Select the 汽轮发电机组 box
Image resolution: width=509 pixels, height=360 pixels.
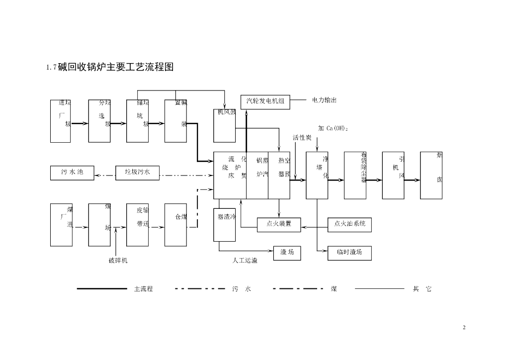[265, 101]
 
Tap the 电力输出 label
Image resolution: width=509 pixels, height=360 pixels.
[324, 100]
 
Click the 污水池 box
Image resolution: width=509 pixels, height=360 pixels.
[72, 173]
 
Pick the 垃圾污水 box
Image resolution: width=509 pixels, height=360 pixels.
[137, 173]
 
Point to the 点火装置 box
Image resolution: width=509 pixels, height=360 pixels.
[279, 224]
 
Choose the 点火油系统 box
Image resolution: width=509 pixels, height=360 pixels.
[349, 224]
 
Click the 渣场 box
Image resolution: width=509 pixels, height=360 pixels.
[287, 253]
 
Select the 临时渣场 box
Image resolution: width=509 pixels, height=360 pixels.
[349, 253]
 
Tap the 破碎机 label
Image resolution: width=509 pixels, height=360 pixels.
[118, 260]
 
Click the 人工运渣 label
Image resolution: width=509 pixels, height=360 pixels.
[245, 260]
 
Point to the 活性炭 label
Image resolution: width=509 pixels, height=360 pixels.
[302, 137]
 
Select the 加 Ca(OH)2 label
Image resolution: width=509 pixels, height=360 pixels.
[333, 128]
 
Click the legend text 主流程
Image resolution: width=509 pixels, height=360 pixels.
[143, 289]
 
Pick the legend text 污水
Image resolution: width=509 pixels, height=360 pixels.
[242, 289]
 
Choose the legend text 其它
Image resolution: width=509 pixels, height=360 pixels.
[422, 289]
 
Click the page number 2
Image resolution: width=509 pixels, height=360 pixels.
[464, 327]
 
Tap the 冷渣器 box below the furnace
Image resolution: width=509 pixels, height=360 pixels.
[224, 224]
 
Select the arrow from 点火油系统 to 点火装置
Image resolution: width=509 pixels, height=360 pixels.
[315, 228]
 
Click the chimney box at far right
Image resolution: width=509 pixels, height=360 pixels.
[431, 175]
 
